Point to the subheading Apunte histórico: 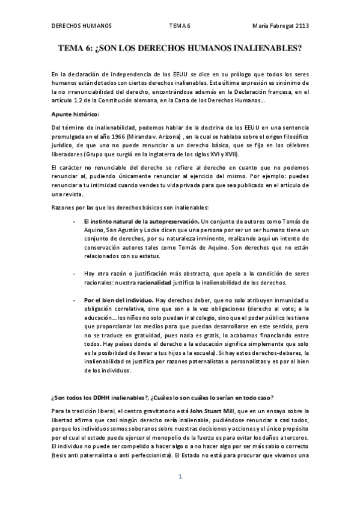click(75, 114)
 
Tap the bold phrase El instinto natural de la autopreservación click(138, 223)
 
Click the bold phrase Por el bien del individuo click(118, 300)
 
